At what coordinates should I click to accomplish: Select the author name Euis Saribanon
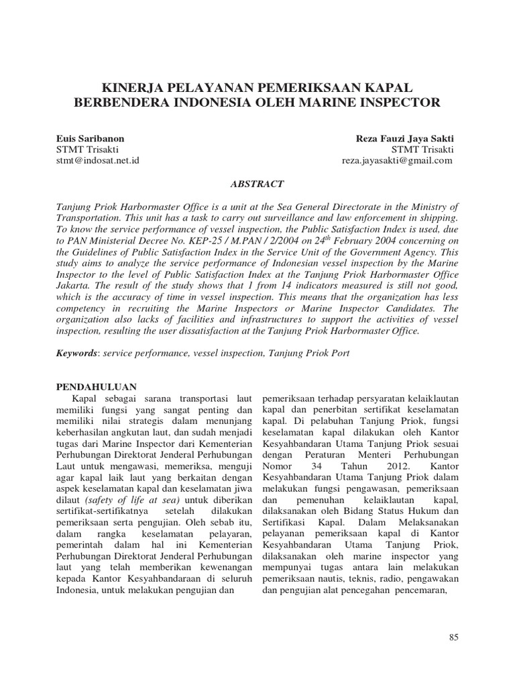click(90, 138)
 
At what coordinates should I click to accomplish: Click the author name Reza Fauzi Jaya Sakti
click(404, 138)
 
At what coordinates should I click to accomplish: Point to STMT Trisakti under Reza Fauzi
click(422, 150)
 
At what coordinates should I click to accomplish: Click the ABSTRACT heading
click(257, 183)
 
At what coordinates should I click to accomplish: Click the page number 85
click(453, 637)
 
